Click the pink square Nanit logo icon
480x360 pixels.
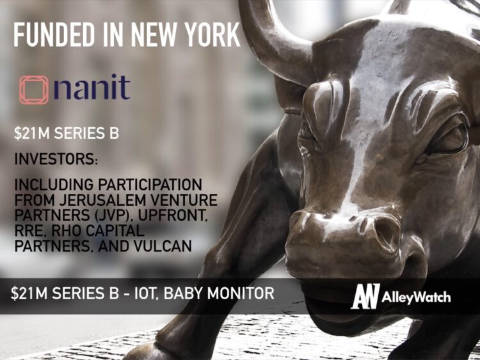34,90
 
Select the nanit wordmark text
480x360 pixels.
92,88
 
